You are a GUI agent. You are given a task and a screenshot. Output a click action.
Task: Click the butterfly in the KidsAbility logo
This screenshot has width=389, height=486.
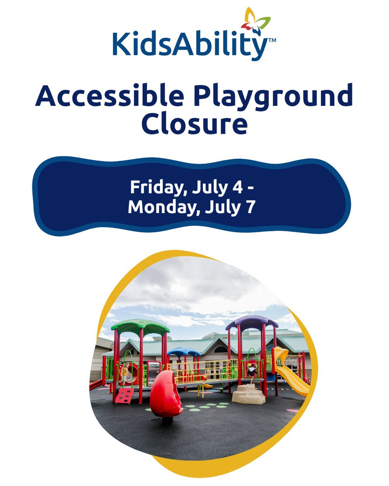[x=256, y=22]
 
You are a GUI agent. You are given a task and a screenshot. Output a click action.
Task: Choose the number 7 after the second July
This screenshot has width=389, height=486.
[x=252, y=207]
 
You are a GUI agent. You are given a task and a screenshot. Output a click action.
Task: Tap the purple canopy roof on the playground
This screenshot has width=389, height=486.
[x=252, y=322]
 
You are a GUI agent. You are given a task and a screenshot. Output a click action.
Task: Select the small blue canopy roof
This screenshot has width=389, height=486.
[x=184, y=351]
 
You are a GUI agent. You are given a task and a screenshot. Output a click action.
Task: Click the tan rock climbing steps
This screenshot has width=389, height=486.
[x=248, y=393]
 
